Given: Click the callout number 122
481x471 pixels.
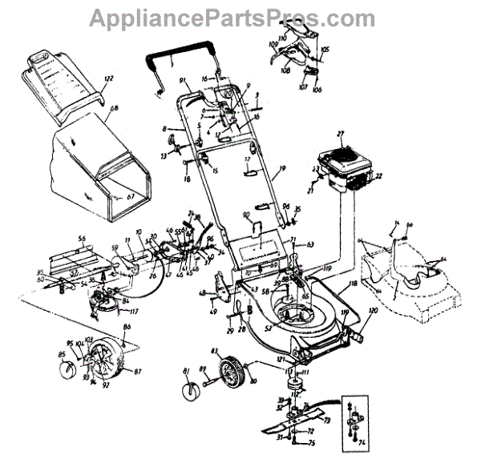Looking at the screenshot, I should pyautogui.click(x=109, y=78).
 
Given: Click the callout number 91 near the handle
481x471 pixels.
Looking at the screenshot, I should pyautogui.click(x=183, y=80).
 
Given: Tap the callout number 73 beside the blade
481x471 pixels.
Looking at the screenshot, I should pyautogui.click(x=327, y=419).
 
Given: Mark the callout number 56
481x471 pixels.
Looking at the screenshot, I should pyautogui.click(x=80, y=239).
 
